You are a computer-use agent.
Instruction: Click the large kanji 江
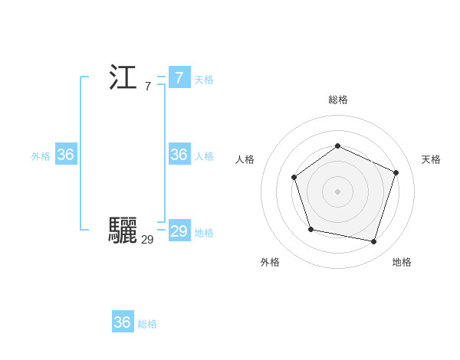[123, 78]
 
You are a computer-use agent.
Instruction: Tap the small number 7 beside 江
[147, 87]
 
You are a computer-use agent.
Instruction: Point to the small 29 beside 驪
[147, 239]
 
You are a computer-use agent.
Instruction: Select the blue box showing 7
[179, 78]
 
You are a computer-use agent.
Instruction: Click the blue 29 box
[179, 231]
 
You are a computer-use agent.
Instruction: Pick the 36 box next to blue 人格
[179, 155]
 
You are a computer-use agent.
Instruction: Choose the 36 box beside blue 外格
[66, 155]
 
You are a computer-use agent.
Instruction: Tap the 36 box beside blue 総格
[122, 322]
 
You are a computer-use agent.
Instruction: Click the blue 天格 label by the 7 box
[204, 80]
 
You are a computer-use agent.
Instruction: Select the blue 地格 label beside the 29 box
[204, 233]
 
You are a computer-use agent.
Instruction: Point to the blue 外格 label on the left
[41, 156]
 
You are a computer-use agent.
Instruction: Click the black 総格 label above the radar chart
[337, 100]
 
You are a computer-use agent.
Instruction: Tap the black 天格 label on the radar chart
[431, 159]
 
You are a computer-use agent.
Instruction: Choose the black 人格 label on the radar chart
[245, 159]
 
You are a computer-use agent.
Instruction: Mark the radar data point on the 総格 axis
[337, 146]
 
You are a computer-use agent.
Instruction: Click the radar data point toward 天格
[396, 172]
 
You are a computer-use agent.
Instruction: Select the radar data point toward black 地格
[374, 242]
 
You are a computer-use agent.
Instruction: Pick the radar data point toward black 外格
[310, 229]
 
